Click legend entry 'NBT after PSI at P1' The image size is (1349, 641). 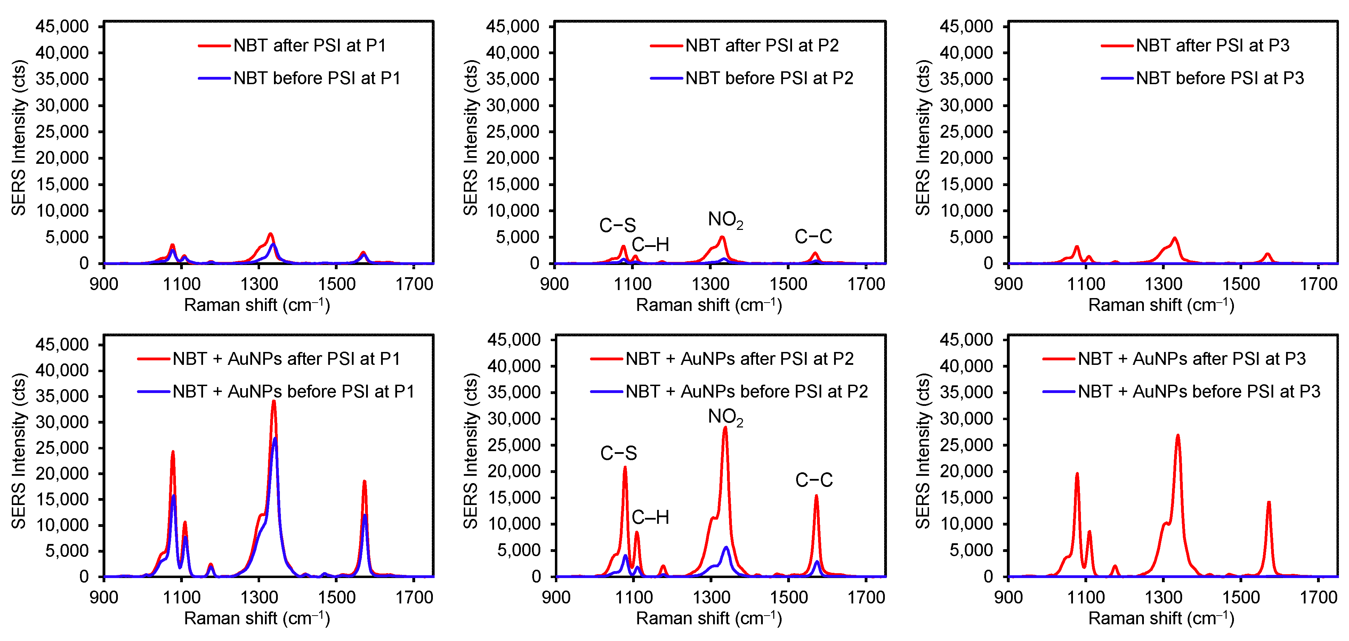click(x=309, y=46)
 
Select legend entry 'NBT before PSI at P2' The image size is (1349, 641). click(x=769, y=78)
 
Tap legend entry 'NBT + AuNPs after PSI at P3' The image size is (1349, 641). click(x=1192, y=359)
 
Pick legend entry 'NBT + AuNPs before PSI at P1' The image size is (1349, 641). click(x=293, y=391)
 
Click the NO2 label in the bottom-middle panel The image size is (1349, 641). click(x=725, y=417)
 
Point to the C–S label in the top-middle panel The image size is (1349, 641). click(x=617, y=225)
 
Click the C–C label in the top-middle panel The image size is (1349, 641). click(x=813, y=237)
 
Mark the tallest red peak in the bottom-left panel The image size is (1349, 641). click(x=273, y=402)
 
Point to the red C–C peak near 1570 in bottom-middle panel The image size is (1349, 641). click(x=816, y=496)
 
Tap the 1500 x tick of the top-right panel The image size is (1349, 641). click(x=1241, y=285)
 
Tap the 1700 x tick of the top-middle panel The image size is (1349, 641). click(x=866, y=285)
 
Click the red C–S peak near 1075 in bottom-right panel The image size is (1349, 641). click(x=1077, y=474)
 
